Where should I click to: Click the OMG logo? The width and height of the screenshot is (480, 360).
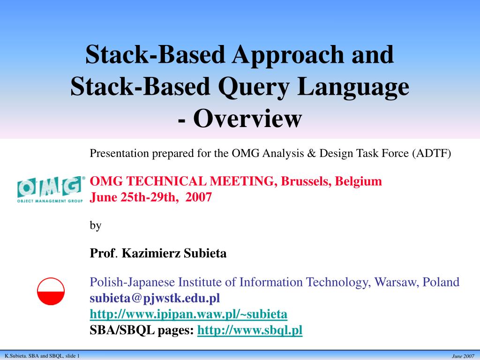click(51, 189)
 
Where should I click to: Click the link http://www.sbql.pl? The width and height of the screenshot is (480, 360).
click(250, 330)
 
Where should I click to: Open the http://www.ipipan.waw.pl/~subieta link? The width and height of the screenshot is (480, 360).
click(188, 314)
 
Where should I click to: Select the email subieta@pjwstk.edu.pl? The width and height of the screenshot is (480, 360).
click(155, 298)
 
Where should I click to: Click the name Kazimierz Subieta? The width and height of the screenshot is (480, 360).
click(174, 254)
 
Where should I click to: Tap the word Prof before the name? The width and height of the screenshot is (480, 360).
click(102, 254)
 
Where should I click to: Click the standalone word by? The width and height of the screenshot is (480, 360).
click(95, 225)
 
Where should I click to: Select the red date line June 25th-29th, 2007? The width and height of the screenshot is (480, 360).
click(150, 197)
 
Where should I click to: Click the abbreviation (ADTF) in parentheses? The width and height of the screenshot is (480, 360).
click(432, 154)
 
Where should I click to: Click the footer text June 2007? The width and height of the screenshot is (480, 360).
click(463, 356)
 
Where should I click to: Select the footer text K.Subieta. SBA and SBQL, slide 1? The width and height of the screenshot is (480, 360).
click(42, 356)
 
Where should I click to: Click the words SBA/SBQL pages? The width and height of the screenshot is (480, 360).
click(142, 330)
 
